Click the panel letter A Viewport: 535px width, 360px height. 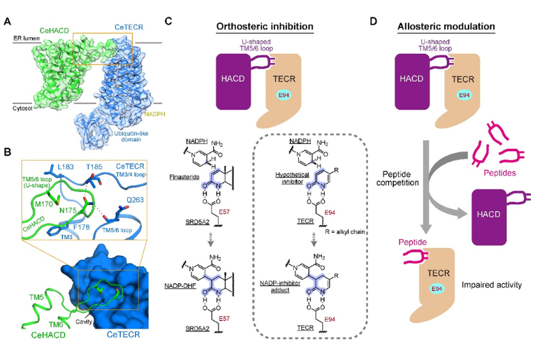(7, 22)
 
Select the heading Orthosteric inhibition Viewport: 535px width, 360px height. (265, 27)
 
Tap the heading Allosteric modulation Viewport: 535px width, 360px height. (446, 27)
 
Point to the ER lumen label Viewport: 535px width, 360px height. (27, 38)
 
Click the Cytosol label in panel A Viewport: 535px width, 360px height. (22, 108)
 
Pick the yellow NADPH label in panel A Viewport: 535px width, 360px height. (154, 114)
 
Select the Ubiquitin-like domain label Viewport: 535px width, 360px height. (131, 136)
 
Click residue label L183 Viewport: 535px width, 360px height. (66, 166)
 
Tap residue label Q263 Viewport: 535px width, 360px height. (135, 200)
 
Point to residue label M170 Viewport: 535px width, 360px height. (45, 204)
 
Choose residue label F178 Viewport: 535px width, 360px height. (81, 226)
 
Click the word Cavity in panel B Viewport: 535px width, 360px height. (84, 322)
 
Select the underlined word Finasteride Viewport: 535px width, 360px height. (184, 177)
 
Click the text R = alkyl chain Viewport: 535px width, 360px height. (345, 232)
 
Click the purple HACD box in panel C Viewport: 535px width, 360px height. (233, 81)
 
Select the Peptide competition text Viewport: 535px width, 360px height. (397, 178)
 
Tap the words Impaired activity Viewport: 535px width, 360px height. (492, 285)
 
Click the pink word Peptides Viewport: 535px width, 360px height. (500, 173)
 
